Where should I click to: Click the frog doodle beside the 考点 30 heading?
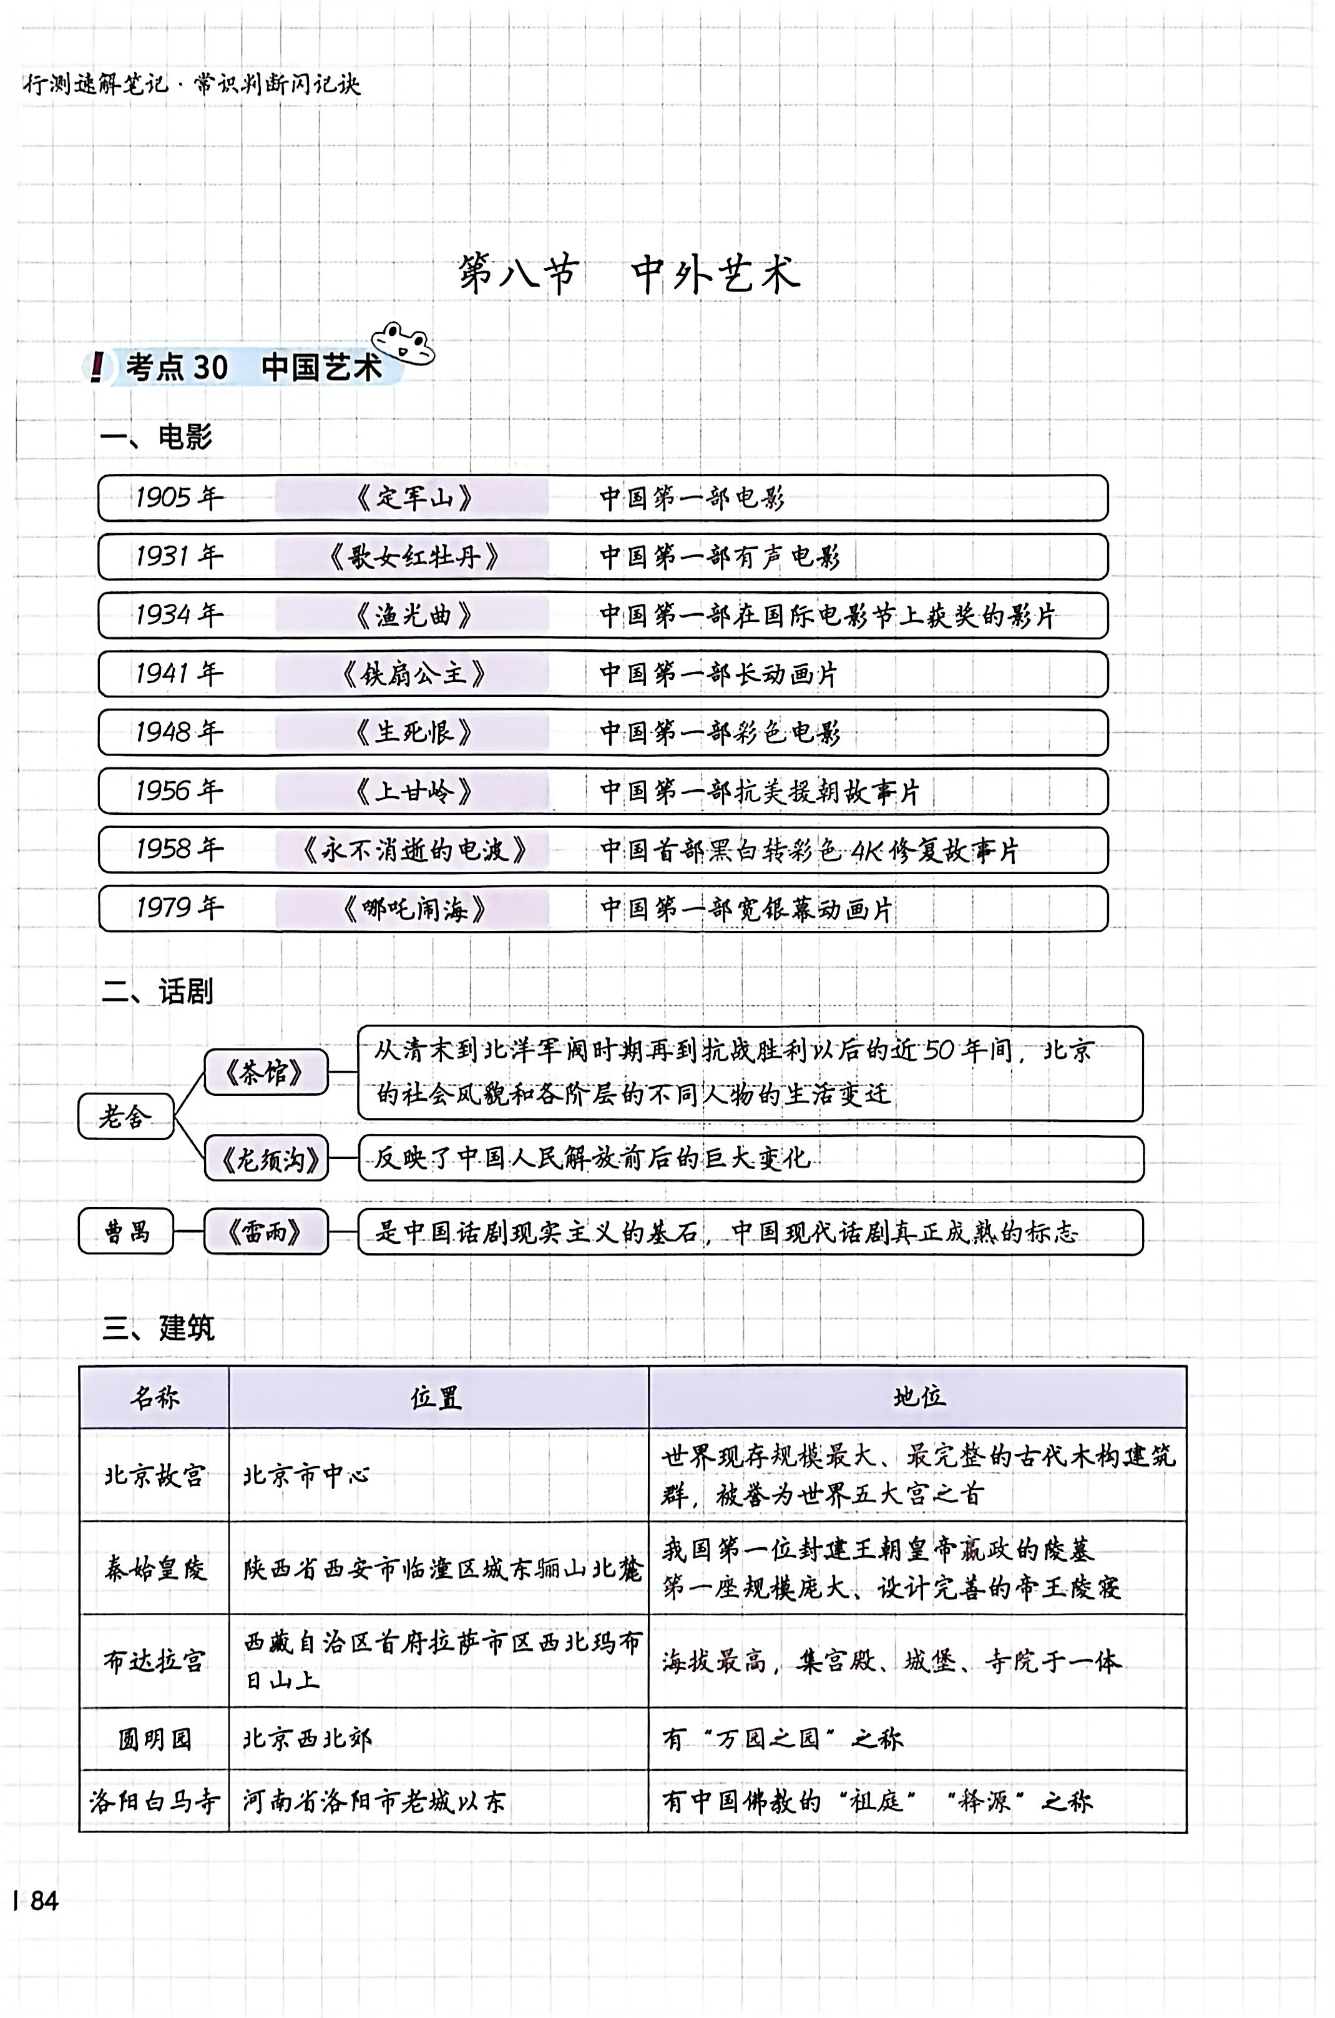tap(404, 343)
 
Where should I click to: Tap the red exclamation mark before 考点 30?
tap(97, 367)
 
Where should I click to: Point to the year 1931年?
tap(178, 556)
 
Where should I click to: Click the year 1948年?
tap(178, 732)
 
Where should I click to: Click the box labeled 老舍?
tap(125, 1116)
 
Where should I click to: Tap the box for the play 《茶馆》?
tap(266, 1071)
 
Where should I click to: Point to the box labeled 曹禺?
tap(126, 1231)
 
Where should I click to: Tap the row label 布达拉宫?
tap(154, 1660)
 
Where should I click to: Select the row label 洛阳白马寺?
tap(154, 1801)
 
